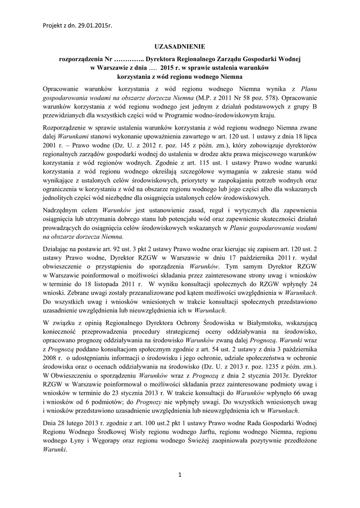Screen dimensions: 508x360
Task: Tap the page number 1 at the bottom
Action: [180, 475]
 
